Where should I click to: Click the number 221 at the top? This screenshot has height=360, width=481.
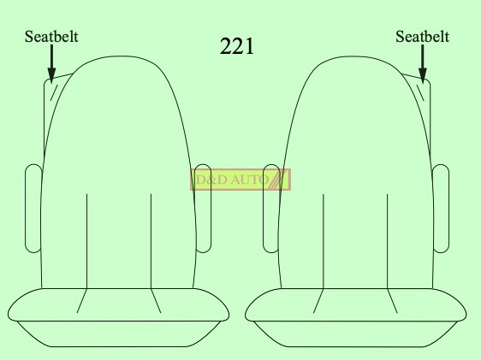point(237,46)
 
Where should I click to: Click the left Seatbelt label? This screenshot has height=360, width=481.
point(51,37)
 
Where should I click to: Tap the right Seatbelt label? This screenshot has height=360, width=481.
point(423,37)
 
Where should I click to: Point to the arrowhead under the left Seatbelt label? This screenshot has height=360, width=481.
point(51,75)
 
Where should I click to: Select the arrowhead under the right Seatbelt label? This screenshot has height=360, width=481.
point(423,75)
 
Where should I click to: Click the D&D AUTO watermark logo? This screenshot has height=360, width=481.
point(240,180)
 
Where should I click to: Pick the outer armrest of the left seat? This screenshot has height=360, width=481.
point(33,209)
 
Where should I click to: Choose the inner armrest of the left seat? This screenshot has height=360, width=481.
point(203,209)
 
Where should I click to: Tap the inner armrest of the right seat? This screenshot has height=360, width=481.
point(271,209)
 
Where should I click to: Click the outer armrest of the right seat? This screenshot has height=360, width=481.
point(441,209)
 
